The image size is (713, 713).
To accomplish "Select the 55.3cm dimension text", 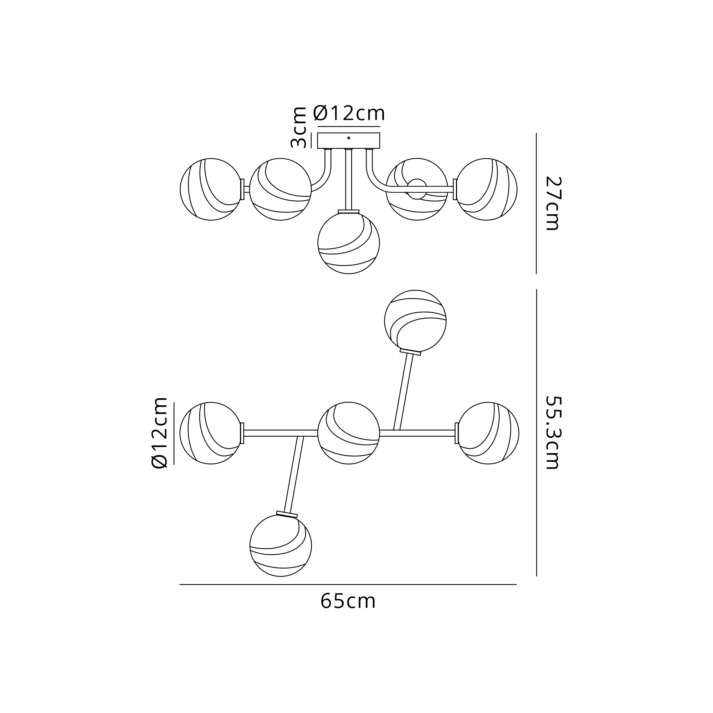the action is point(553,432).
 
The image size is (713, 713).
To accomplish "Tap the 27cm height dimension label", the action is point(553,203).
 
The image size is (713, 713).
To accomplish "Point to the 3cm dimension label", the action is point(298,127).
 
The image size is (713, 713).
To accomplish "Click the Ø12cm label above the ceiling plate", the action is point(349,113).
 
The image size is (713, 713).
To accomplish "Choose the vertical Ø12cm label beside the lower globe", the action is point(159,432).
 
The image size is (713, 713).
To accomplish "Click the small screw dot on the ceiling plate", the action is point(349,138).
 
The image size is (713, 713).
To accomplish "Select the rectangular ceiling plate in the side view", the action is point(349,140).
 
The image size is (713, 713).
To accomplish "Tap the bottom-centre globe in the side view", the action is point(349,243).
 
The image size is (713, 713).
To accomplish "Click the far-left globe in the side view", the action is point(211,189).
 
